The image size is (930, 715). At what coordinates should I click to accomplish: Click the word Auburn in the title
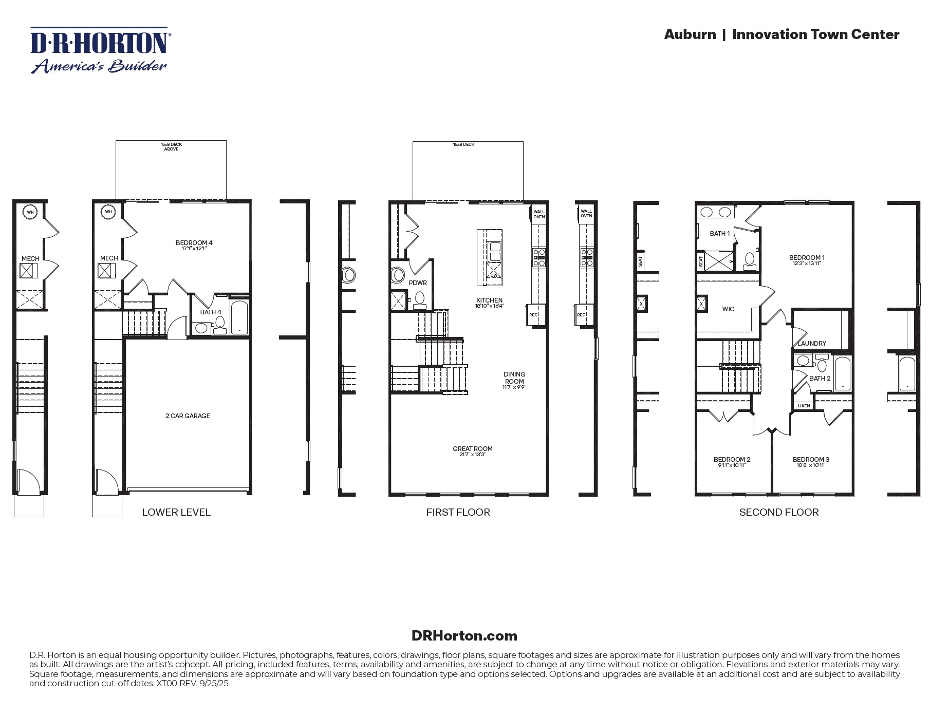coord(690,34)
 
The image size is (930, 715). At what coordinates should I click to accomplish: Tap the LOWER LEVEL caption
coord(176,512)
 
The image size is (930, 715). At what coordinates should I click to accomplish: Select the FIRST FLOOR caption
coord(458,512)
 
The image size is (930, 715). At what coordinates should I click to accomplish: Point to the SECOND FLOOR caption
coord(778,512)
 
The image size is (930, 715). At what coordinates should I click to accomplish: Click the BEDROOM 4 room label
coord(194,243)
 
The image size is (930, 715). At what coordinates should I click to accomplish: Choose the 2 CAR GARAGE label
coord(188,416)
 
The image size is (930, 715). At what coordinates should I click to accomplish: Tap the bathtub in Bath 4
coord(239,317)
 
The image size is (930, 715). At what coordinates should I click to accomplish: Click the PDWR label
coord(417,283)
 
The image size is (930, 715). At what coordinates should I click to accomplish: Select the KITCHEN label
coord(489,300)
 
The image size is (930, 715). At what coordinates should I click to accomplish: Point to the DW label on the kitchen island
coord(494,275)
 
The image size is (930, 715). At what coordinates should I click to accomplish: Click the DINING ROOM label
coord(514,378)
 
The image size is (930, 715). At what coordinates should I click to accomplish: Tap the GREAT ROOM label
coord(472,449)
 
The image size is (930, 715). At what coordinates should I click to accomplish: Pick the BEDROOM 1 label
coord(807,258)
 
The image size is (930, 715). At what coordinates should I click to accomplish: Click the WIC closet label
coord(728,309)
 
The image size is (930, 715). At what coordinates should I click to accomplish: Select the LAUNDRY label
coord(811,344)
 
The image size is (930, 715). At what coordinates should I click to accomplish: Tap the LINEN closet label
coord(804,406)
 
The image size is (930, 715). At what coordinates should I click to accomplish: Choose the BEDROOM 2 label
coord(732,460)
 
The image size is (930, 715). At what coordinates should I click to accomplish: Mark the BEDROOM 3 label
coord(811,460)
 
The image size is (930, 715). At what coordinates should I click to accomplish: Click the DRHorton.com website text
coord(464,636)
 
